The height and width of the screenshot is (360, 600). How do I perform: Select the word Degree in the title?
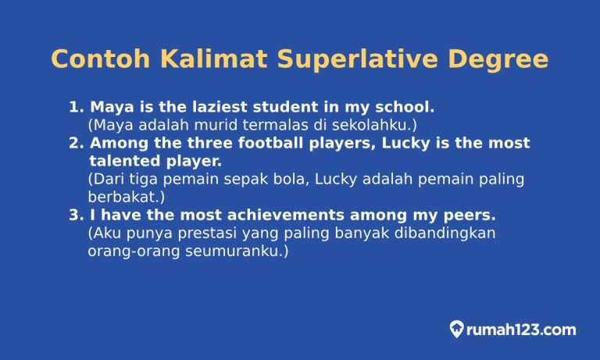tap(500, 60)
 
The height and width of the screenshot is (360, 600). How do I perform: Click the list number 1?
tap(75, 107)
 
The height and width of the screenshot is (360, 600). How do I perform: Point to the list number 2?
tap(75, 144)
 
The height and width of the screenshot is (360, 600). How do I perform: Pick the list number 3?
tap(75, 215)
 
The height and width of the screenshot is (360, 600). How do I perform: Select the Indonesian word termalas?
tap(241, 125)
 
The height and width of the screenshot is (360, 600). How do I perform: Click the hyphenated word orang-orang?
tap(134, 251)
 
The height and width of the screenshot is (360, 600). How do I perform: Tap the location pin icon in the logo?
tap(457, 330)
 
